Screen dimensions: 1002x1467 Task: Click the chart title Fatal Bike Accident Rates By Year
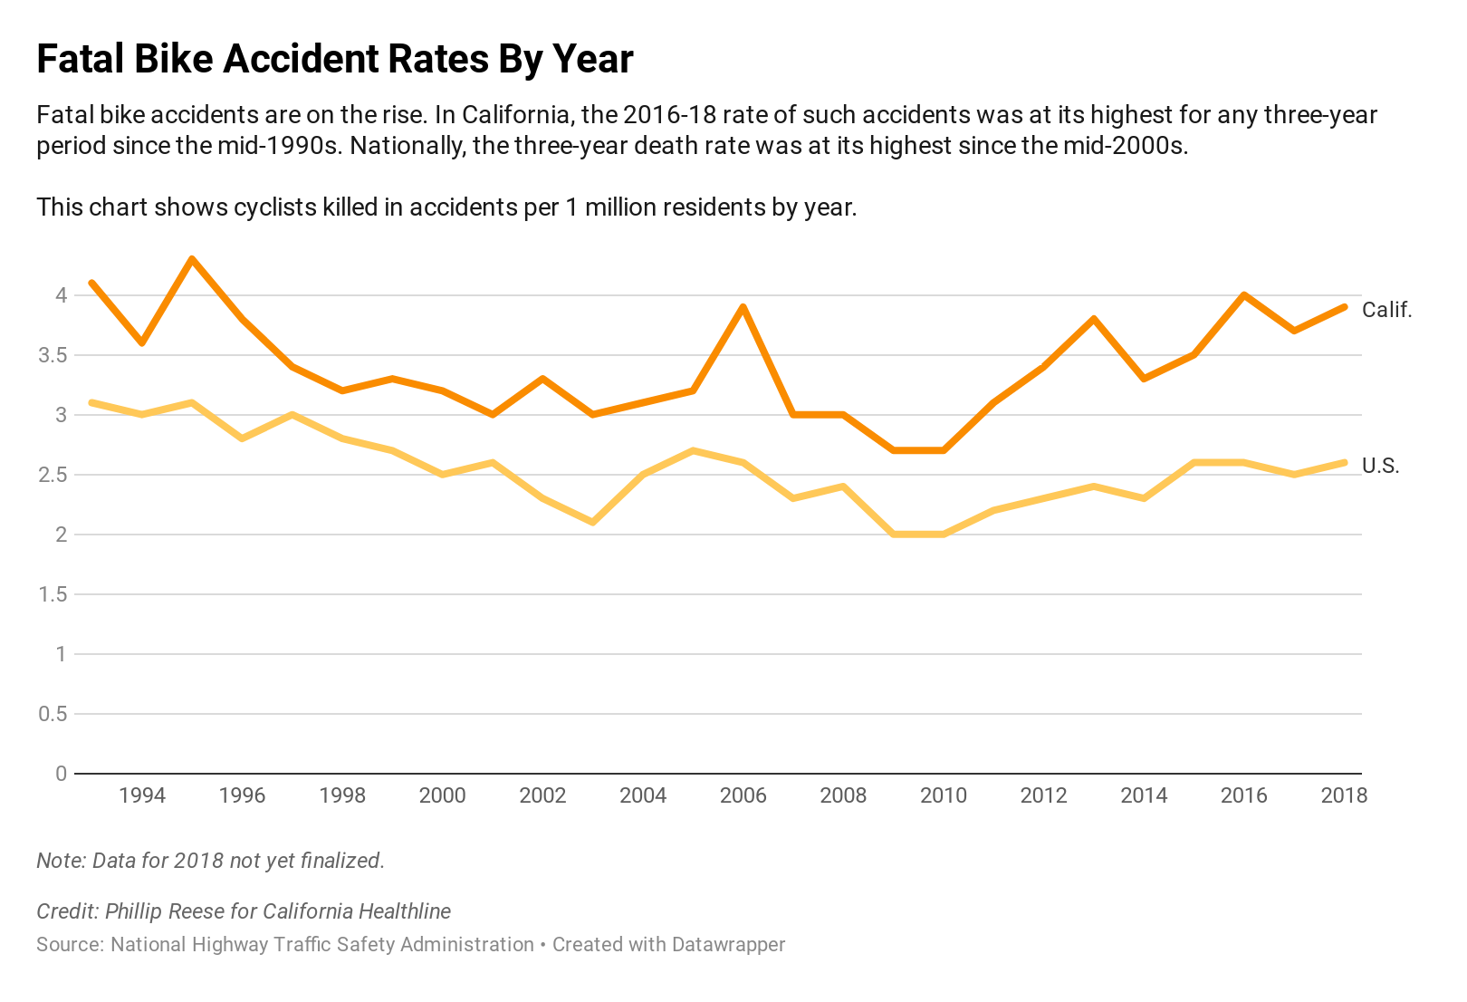[x=334, y=60]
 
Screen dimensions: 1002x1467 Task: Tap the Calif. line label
[x=1386, y=310]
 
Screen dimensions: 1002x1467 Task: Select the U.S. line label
[x=1380, y=466]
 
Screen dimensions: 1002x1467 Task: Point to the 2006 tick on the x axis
[x=743, y=795]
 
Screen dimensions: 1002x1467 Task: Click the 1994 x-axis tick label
[x=142, y=795]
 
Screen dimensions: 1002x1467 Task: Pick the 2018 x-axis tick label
[x=1344, y=795]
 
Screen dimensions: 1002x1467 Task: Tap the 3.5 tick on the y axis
[x=53, y=355]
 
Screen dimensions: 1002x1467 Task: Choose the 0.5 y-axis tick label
[x=53, y=714]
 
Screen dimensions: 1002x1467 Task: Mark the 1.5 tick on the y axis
[x=53, y=594]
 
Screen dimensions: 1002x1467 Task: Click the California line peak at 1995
[x=192, y=259]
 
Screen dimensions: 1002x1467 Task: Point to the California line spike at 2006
[x=743, y=307]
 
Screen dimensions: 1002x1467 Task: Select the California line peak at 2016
[x=1244, y=295]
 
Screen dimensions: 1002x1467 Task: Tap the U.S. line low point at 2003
[x=593, y=522]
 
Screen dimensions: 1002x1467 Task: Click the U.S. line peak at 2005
[x=693, y=450]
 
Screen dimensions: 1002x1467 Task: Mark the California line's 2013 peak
[x=1094, y=319]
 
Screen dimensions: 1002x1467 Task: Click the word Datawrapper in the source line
[x=728, y=945]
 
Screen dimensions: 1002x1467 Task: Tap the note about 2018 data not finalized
[x=210, y=861]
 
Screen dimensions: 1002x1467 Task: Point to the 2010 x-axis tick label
[x=944, y=795]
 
